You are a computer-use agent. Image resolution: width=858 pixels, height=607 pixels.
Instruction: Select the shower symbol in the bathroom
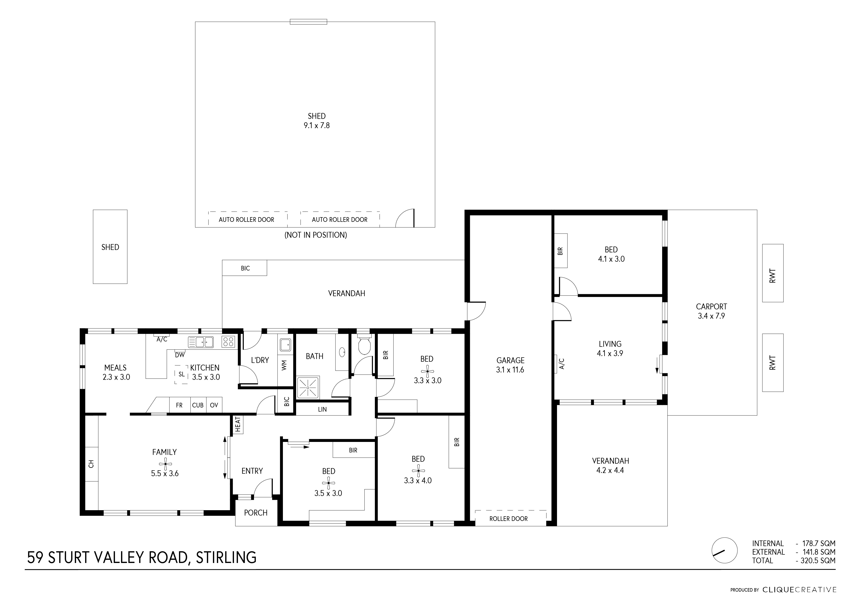pyautogui.click(x=308, y=388)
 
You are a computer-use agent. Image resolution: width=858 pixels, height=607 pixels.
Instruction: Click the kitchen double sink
pyautogui.click(x=201, y=342)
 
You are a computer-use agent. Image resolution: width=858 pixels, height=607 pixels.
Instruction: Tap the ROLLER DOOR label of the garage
pyautogui.click(x=508, y=519)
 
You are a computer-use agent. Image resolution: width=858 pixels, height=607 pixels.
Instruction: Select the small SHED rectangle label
pyautogui.click(x=110, y=247)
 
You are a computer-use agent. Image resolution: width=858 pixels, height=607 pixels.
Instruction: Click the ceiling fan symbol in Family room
pyautogui.click(x=165, y=463)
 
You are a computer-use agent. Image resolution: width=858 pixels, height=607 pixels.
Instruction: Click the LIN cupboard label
pyautogui.click(x=322, y=409)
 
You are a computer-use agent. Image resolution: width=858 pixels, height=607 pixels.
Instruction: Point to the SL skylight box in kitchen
pyautogui.click(x=181, y=374)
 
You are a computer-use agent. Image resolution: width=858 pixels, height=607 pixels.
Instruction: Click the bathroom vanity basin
pyautogui.click(x=342, y=352)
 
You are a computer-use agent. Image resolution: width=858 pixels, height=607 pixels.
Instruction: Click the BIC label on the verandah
pyautogui.click(x=245, y=268)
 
